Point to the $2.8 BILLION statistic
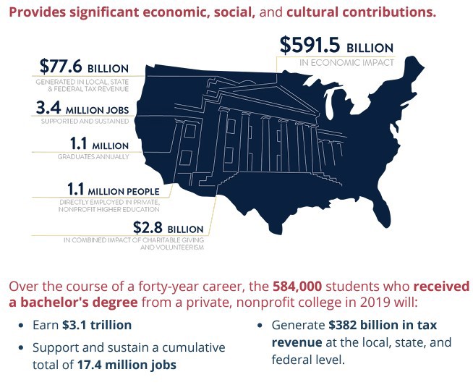tap(169, 227)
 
